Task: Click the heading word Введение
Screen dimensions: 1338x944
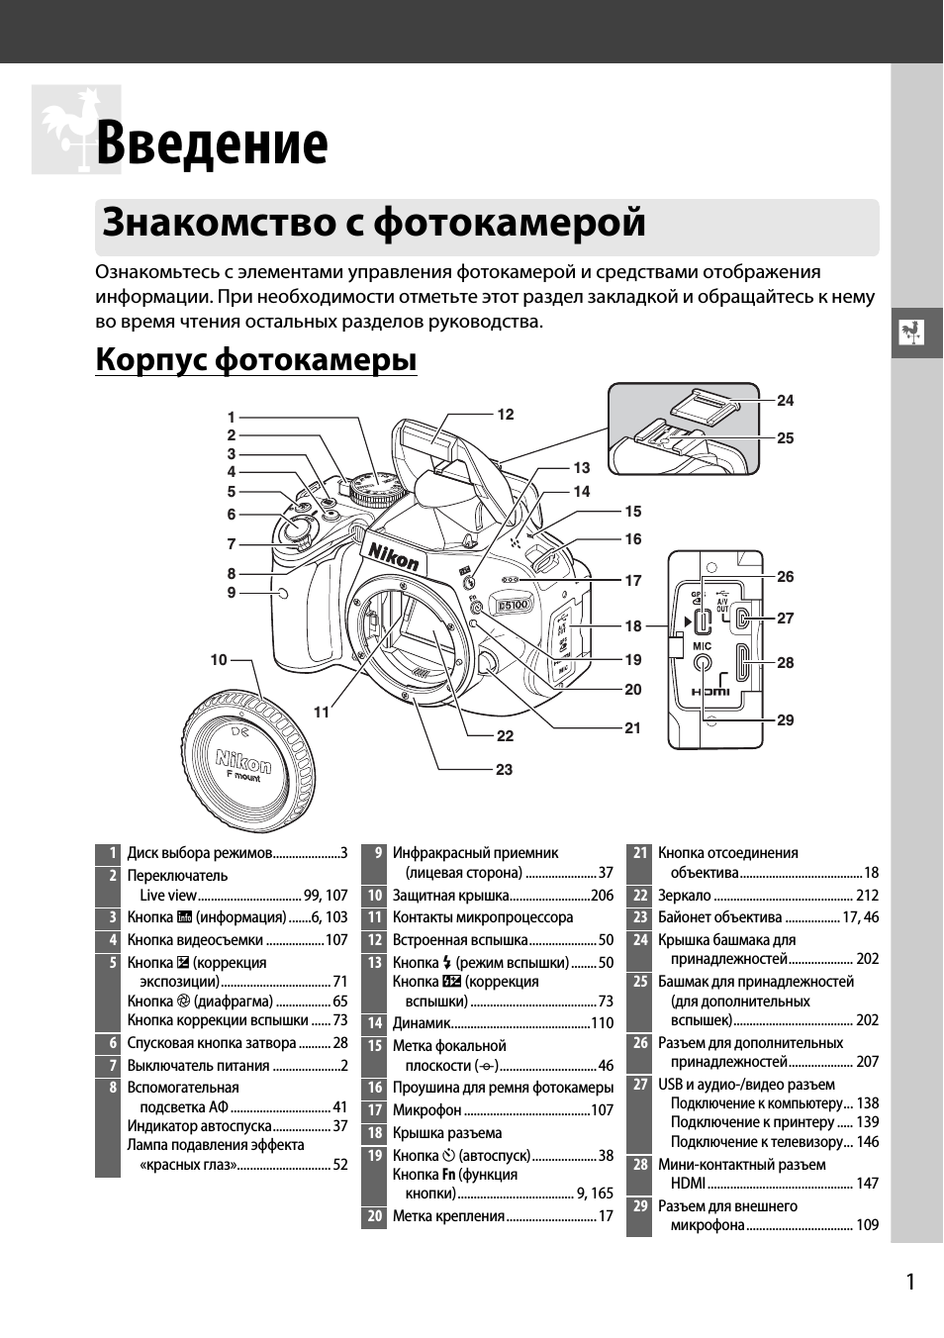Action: (x=212, y=143)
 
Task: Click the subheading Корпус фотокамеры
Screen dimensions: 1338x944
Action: (x=255, y=359)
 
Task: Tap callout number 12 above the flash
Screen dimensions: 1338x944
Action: (x=506, y=415)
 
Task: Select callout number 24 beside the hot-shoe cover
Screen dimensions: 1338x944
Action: (x=785, y=401)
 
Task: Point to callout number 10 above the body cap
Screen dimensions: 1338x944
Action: (x=219, y=659)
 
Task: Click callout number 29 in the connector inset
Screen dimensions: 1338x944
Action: (x=785, y=720)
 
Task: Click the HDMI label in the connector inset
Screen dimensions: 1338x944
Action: (x=709, y=692)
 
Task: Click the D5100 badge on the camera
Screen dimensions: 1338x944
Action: (x=514, y=604)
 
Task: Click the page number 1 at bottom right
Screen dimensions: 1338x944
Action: (x=909, y=1283)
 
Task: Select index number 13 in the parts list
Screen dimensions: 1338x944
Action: (x=374, y=963)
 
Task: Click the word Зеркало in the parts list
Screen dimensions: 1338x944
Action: (x=684, y=896)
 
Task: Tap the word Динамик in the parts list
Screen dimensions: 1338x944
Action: (x=422, y=1023)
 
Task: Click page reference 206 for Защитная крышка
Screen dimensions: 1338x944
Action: (x=602, y=896)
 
